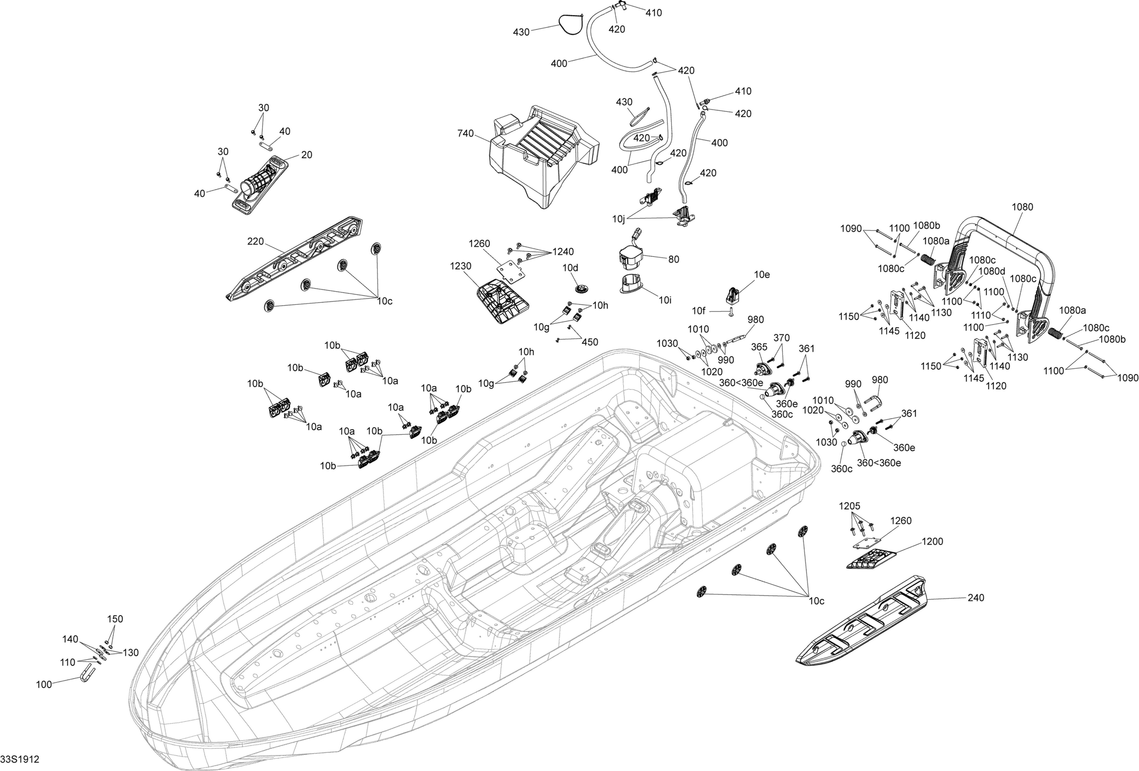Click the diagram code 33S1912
[20, 759]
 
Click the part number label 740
[465, 133]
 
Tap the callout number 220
[256, 242]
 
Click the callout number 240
[976, 597]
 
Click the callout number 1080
[1022, 207]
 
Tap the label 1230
[461, 266]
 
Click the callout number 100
[44, 684]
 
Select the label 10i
[664, 300]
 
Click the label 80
[674, 259]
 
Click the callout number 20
[307, 155]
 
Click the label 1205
[849, 506]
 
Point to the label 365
[759, 346]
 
